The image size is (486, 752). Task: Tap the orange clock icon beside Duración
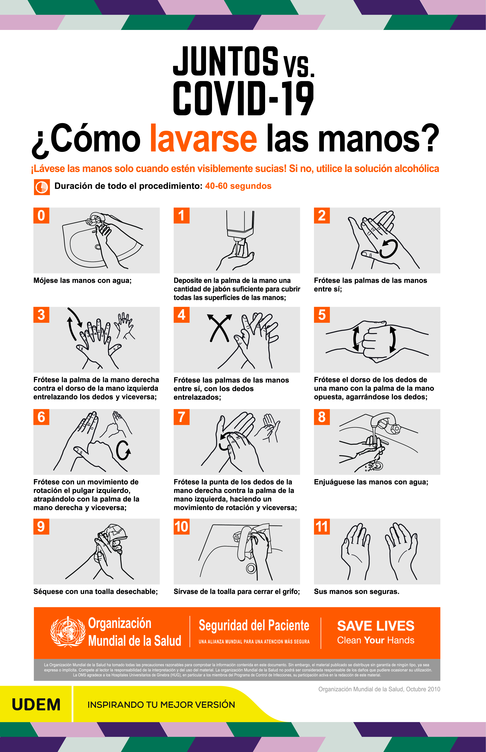pos(42,187)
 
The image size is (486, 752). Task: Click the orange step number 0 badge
pos(41,215)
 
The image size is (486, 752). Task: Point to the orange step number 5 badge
pos(322,315)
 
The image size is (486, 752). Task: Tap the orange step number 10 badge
pos(181,526)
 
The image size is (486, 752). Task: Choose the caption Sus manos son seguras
pos(357,591)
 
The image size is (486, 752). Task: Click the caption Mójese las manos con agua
pos(82,281)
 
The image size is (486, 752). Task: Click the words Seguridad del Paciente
pos(254,626)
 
